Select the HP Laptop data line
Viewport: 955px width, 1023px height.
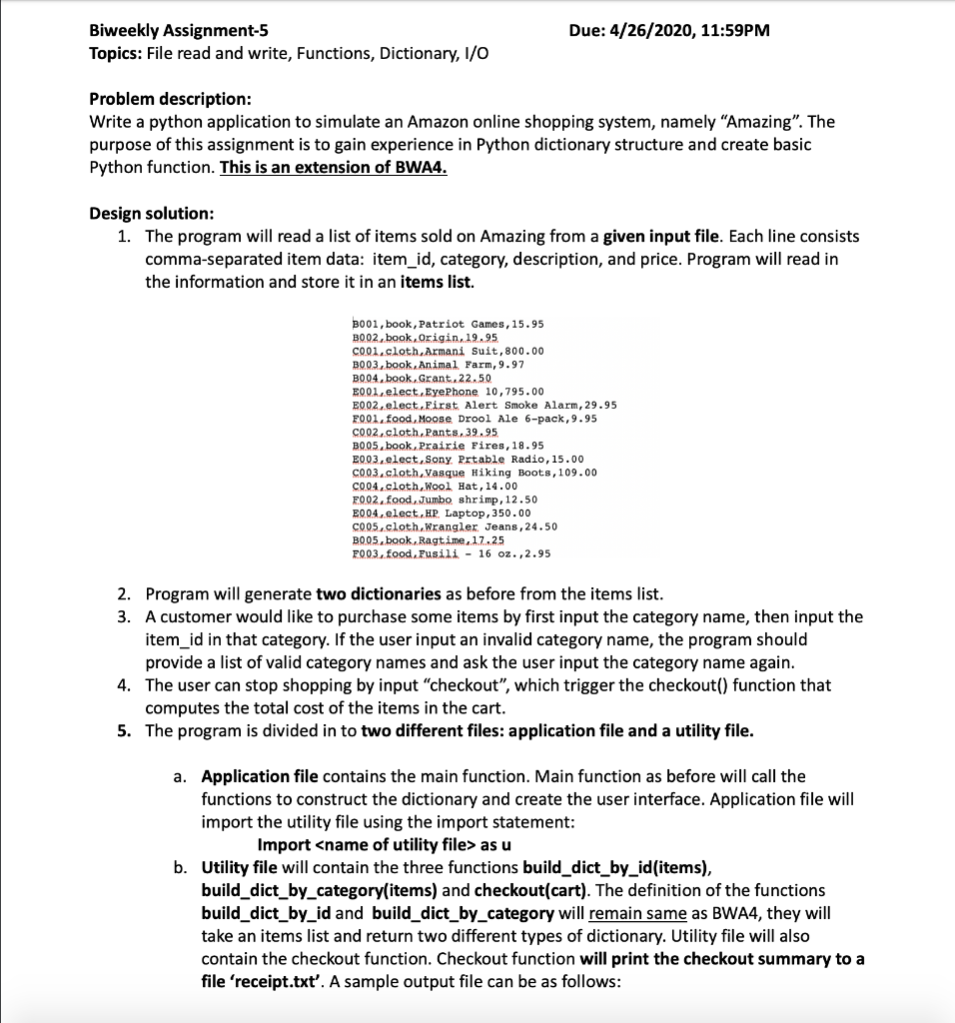point(440,512)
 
